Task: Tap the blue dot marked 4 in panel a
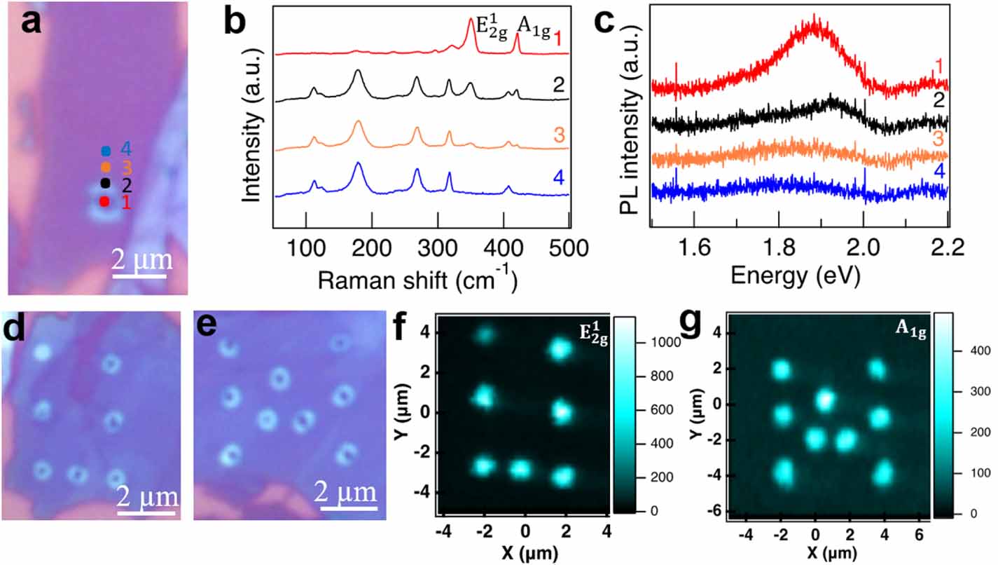(106, 151)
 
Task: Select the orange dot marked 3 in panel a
(105, 168)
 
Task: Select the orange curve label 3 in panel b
(558, 133)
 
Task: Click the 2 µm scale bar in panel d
(146, 512)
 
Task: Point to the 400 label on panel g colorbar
(980, 350)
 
